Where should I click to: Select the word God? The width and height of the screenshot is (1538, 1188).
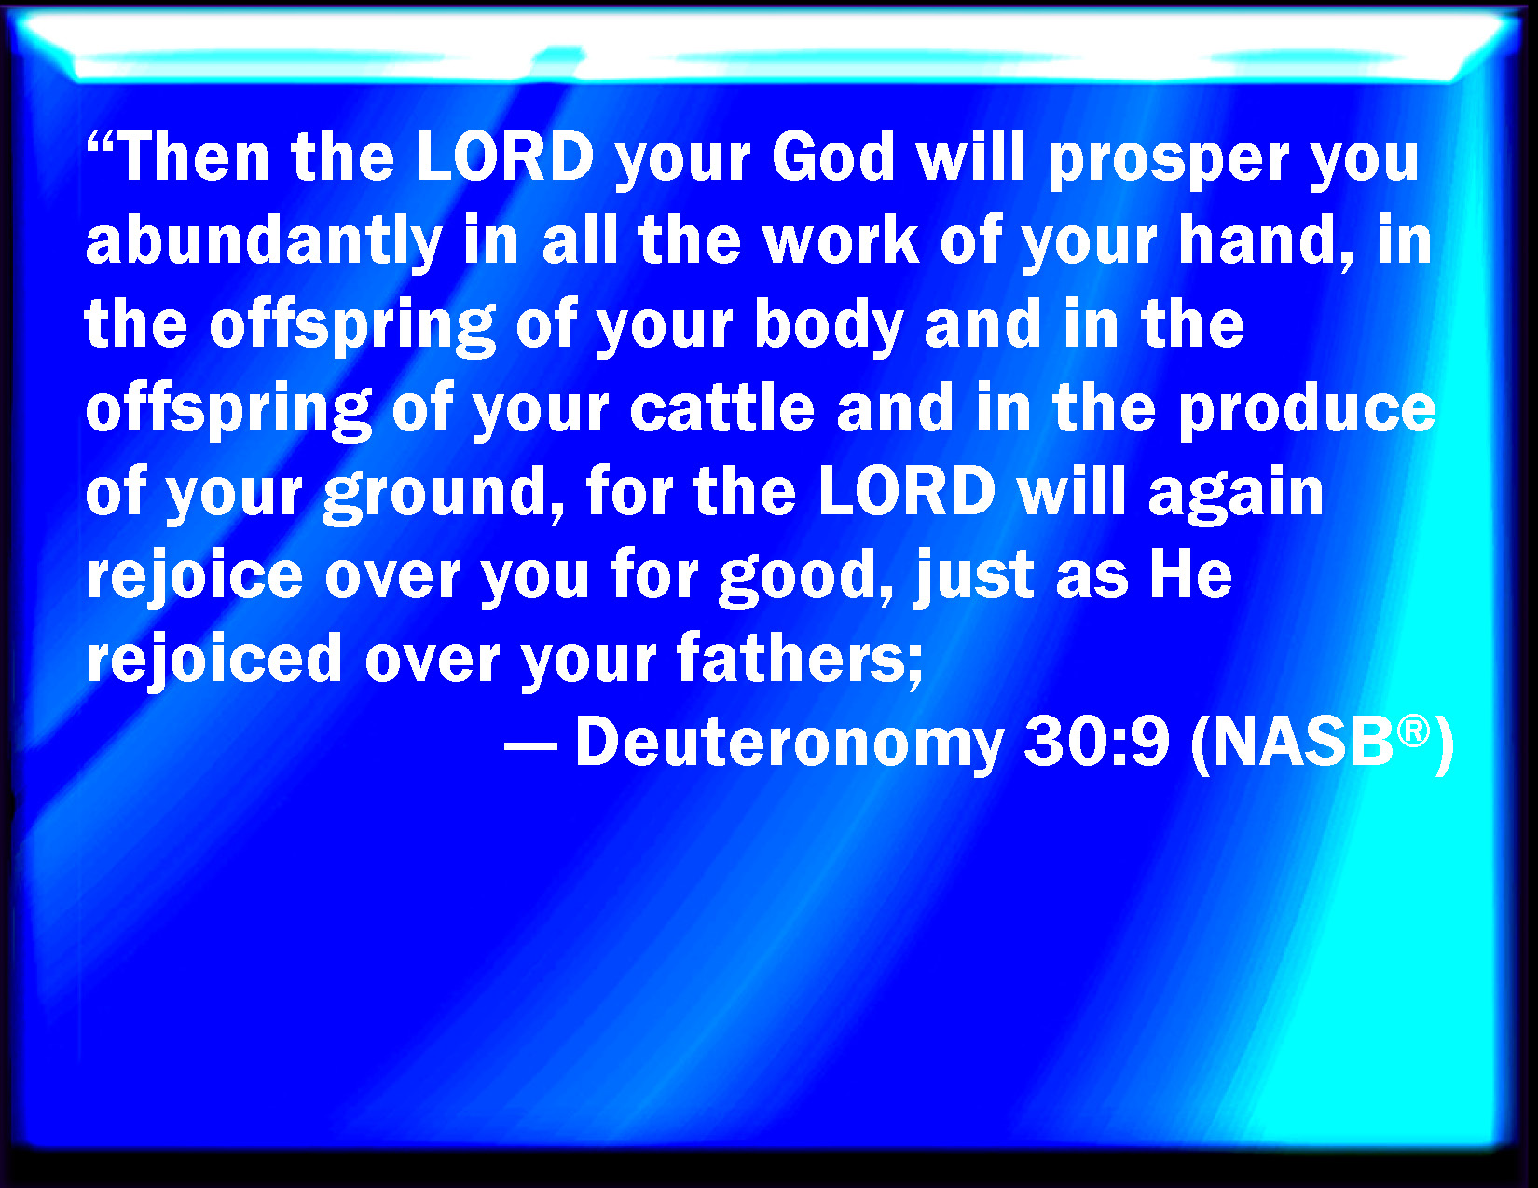click(833, 157)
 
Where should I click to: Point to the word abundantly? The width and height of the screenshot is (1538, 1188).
click(264, 242)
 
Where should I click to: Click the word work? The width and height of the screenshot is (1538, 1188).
click(843, 239)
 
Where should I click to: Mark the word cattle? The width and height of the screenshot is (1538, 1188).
click(722, 406)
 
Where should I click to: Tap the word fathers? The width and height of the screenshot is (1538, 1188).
click(800, 659)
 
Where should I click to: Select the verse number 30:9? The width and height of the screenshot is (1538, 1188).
click(1096, 742)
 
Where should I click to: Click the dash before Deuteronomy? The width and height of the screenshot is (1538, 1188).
click(530, 745)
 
